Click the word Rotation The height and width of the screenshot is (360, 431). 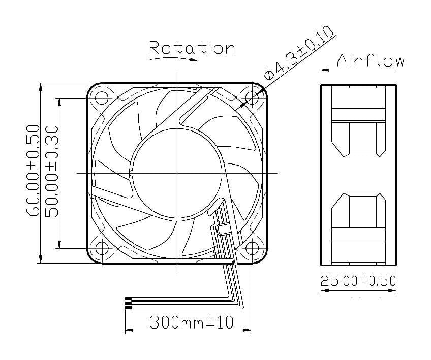pyautogui.click(x=192, y=48)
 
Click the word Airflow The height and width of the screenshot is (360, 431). pyautogui.click(x=371, y=61)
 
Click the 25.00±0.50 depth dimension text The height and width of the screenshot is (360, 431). pyautogui.click(x=358, y=281)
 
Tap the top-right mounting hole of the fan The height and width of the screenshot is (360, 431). pyautogui.click(x=252, y=97)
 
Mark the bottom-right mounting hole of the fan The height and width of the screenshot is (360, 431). pyautogui.click(x=252, y=248)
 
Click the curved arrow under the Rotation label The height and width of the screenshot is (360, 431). pyautogui.click(x=173, y=59)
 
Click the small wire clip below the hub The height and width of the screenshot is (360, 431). pyautogui.click(x=222, y=228)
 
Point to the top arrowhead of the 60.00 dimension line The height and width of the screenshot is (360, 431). pyautogui.click(x=40, y=86)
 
